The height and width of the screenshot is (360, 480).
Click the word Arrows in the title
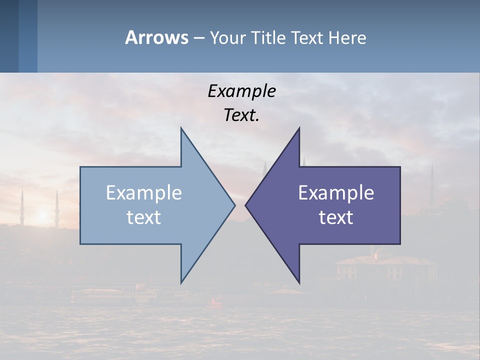click(156, 37)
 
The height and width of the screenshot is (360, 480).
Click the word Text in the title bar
click(308, 37)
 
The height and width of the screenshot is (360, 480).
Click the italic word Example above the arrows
click(241, 91)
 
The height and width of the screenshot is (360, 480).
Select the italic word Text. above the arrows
click(241, 115)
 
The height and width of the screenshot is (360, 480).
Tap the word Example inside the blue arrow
click(144, 192)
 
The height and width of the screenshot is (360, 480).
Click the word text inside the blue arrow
click(144, 217)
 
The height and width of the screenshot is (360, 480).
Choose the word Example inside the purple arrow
click(336, 192)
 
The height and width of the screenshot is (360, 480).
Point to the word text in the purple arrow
click(336, 217)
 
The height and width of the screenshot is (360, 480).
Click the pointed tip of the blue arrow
click(234, 204)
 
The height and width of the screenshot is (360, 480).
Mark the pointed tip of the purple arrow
click(246, 204)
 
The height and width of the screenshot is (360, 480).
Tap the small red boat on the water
click(216, 302)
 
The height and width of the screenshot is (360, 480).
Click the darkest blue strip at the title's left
click(9, 36)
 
